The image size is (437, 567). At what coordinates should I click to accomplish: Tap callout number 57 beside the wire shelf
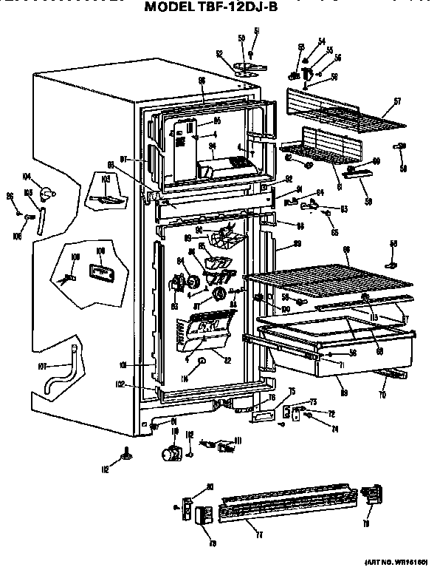click(x=396, y=101)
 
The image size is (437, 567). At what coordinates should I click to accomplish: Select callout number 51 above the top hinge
click(x=257, y=30)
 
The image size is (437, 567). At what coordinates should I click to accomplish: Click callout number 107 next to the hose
click(x=43, y=365)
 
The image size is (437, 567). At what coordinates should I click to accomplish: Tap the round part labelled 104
click(x=49, y=194)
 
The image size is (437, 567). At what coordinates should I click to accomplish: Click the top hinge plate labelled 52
click(x=246, y=67)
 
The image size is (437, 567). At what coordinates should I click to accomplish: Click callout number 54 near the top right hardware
click(x=321, y=41)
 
